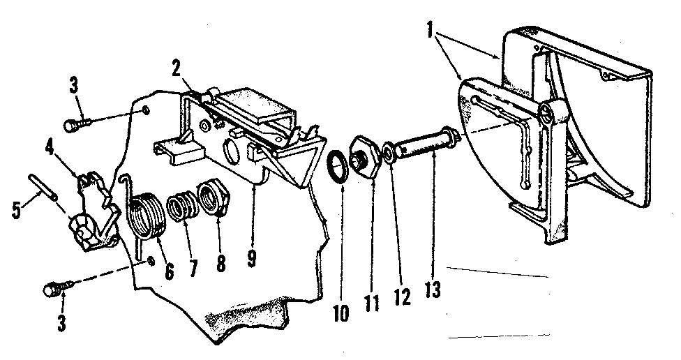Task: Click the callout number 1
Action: point(430,31)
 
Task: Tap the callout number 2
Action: point(176,70)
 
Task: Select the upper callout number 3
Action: point(74,86)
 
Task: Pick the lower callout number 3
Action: point(61,322)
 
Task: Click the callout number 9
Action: point(252,258)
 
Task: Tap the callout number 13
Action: point(433,290)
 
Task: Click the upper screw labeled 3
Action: point(77,126)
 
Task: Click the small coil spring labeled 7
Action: point(182,208)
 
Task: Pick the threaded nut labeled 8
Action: point(212,200)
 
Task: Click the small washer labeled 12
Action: point(389,153)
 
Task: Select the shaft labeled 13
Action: point(425,142)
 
